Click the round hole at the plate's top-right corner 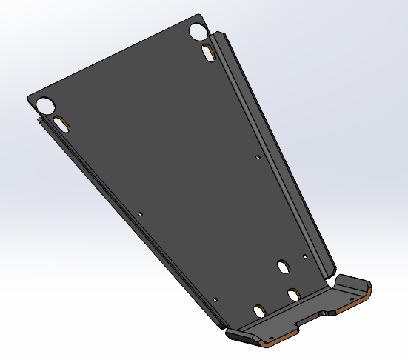pyautogui.click(x=198, y=32)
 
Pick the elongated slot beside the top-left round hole pyautogui.click(x=61, y=124)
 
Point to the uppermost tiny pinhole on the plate pyautogui.click(x=257, y=157)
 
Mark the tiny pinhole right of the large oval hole pyautogui.click(x=305, y=257)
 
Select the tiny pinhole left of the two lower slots pyautogui.click(x=215, y=300)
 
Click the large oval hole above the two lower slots pyautogui.click(x=282, y=265)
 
